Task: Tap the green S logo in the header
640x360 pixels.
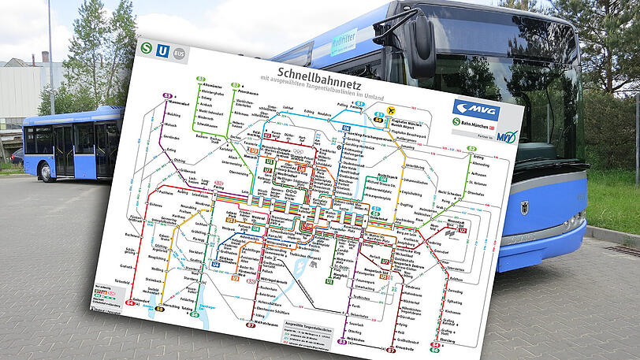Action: pyautogui.click(x=146, y=47)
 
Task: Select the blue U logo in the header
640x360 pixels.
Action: pyautogui.click(x=162, y=50)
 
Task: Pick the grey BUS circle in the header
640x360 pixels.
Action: pyautogui.click(x=179, y=54)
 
